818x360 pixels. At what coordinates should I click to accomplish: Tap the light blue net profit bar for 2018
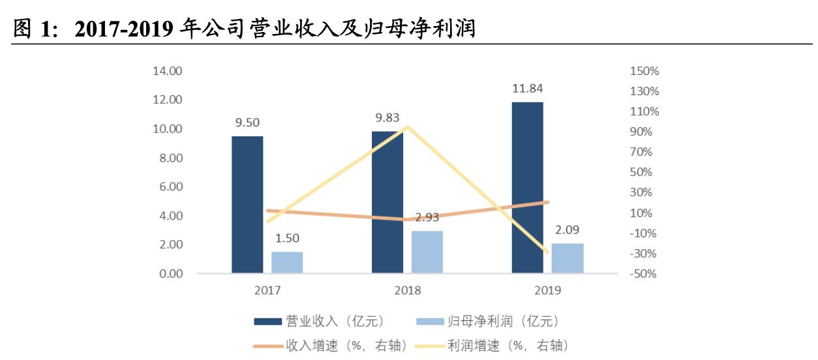point(427,252)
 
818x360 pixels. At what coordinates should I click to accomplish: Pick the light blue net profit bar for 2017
point(287,262)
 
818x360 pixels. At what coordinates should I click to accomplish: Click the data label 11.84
point(527,89)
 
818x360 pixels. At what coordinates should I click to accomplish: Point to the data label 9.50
point(247,122)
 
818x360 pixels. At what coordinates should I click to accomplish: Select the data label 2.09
point(567,230)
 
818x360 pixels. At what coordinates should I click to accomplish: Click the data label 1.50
point(287,239)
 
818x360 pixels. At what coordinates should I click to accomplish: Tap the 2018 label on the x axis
point(407,291)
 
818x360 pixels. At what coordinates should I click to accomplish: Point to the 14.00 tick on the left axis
point(168,71)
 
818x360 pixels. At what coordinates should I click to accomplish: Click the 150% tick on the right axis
point(644,71)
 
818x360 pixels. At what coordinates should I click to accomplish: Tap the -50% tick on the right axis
point(644,274)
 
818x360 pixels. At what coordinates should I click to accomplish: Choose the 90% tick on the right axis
point(645,132)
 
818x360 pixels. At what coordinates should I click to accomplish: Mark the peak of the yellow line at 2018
point(407,127)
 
